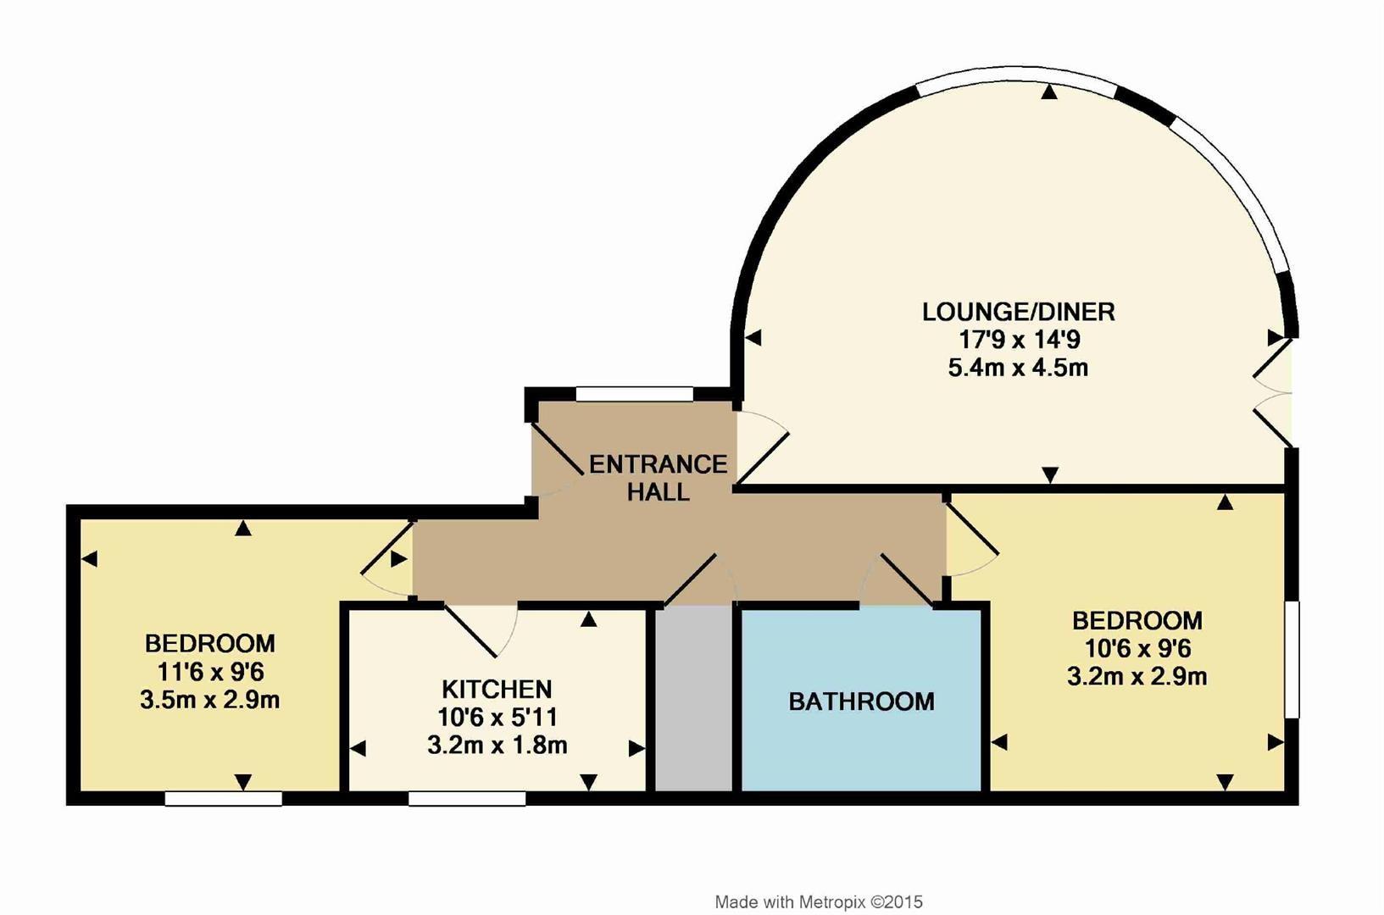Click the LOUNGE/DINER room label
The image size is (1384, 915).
(x=1018, y=312)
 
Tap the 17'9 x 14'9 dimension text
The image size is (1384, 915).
(x=1018, y=340)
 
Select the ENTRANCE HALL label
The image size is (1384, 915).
(x=658, y=478)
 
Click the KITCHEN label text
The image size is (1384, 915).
(x=497, y=689)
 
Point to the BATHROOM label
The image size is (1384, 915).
(x=861, y=701)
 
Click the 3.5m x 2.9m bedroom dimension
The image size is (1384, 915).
(x=209, y=701)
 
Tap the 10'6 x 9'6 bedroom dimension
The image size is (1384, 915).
(x=1137, y=649)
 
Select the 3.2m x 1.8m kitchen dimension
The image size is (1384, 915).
(x=497, y=746)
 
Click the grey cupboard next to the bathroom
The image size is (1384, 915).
(x=694, y=699)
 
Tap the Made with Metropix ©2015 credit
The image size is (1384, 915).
(x=818, y=902)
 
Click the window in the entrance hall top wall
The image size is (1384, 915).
(x=634, y=394)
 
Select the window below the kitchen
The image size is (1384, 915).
(x=467, y=798)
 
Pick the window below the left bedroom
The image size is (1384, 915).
(x=223, y=798)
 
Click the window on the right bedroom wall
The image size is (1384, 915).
(x=1292, y=660)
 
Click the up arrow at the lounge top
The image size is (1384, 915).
(x=1049, y=92)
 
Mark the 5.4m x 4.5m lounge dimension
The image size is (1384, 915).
(x=1018, y=368)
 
